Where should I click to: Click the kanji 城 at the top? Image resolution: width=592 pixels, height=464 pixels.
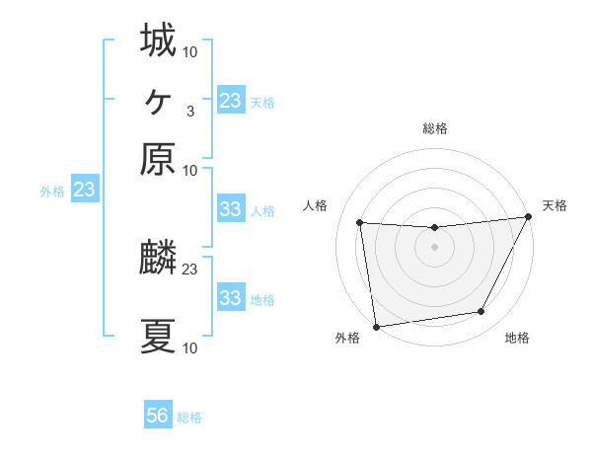[x=159, y=40]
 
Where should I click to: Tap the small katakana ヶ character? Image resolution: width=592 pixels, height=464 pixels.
[x=158, y=100]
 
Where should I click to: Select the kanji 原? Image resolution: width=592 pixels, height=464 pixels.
[x=159, y=159]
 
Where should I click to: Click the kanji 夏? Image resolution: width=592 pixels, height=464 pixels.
[x=159, y=337]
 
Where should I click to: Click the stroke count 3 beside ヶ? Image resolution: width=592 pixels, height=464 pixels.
[x=189, y=111]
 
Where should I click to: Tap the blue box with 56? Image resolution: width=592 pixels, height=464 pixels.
[x=158, y=416]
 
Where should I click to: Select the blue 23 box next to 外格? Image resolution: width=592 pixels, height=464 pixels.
[x=84, y=190]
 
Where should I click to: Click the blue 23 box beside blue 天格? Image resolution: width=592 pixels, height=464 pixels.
[x=230, y=101]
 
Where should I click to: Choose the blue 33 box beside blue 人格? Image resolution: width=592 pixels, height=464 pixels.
[x=230, y=209]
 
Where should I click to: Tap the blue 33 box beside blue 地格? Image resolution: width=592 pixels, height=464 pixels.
[x=230, y=298]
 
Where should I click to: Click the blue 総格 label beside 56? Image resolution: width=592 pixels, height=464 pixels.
[x=189, y=418]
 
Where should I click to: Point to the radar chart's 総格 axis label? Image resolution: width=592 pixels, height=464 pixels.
[x=434, y=128]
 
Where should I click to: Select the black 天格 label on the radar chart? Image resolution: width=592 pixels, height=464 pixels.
[x=555, y=205]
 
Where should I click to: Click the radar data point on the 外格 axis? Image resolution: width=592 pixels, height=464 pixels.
[x=376, y=326]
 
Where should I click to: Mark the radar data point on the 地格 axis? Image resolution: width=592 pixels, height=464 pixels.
[x=481, y=312]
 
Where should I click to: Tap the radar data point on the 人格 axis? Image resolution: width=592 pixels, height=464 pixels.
[x=360, y=223]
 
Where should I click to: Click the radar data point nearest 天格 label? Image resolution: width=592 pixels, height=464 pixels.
[x=528, y=217]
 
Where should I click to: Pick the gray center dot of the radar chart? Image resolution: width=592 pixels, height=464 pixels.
[x=434, y=247]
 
